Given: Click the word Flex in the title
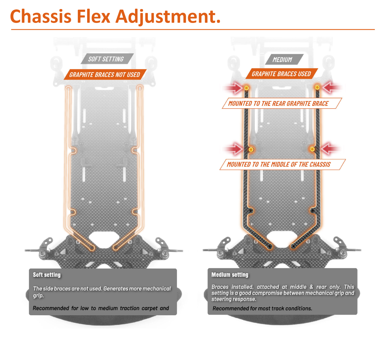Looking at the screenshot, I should pos(93,16).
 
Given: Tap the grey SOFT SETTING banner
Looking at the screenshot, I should pos(106,59).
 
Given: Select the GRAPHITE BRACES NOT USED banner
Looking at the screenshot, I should pos(105,75).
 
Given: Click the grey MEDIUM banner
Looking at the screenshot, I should pos(283,59).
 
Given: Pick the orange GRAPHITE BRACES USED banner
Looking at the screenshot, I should pos(281,74).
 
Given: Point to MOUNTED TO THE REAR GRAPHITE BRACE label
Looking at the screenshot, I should pos(278,103).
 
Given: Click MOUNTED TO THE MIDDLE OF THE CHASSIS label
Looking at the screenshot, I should pos(279,164).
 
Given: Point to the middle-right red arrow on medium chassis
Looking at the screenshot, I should pos(331,149).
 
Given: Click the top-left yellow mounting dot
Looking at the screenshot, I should pos(246,88).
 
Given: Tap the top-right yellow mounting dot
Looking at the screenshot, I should pos(317,87).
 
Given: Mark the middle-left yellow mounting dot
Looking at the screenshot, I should pos(251,150).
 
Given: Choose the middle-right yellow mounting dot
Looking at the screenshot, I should pos(312,149).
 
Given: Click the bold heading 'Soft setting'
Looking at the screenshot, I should pos(47,275).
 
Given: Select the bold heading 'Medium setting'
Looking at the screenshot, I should pos(230,275).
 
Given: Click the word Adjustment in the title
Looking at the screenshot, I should pos(168,16).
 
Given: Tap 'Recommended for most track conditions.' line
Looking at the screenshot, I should pos(262,308).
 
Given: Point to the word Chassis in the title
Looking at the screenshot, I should pos(41,16).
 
